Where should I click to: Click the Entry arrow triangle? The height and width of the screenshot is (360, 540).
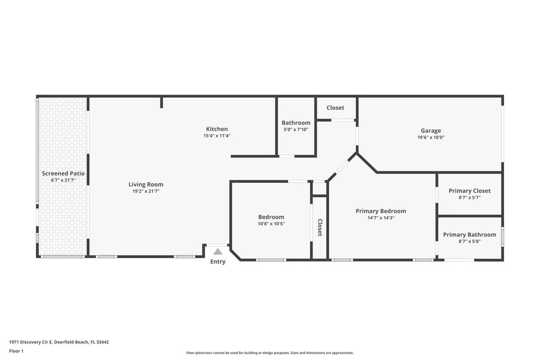(x=218, y=251)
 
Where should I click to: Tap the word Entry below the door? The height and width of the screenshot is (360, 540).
(x=218, y=262)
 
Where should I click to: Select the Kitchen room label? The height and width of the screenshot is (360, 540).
(x=217, y=129)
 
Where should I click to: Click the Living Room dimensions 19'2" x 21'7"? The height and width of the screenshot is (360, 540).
(x=146, y=191)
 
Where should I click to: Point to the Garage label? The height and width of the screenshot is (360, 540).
(x=431, y=131)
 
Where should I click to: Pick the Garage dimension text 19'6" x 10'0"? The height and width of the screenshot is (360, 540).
(x=431, y=137)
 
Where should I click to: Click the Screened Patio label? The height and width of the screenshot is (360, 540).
(x=63, y=173)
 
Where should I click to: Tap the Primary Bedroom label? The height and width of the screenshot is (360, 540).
(x=381, y=211)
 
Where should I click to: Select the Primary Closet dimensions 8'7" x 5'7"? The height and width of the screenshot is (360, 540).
(x=469, y=198)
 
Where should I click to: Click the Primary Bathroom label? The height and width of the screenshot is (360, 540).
(x=469, y=235)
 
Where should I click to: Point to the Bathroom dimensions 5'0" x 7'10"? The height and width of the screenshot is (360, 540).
(x=296, y=130)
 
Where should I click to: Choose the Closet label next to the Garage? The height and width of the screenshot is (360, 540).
(x=335, y=108)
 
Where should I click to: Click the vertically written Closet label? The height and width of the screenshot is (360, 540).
(x=320, y=227)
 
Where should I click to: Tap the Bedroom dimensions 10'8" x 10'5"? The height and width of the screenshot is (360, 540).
(x=271, y=224)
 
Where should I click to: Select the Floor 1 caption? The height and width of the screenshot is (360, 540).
(x=16, y=351)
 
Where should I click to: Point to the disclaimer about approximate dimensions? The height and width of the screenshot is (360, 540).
(x=270, y=353)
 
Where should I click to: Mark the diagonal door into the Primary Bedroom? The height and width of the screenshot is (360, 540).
(x=342, y=167)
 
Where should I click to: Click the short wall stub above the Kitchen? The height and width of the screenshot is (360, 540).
(x=161, y=103)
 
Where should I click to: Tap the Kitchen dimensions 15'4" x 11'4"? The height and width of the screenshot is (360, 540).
(x=217, y=136)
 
